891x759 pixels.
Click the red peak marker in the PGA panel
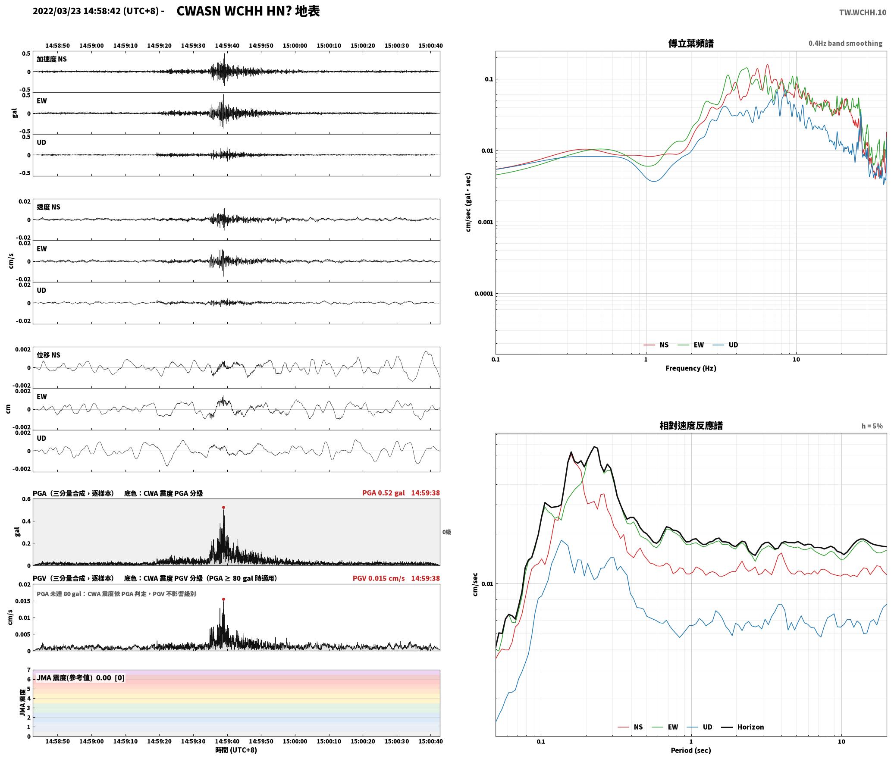[223, 508]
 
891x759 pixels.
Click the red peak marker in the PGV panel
[223, 599]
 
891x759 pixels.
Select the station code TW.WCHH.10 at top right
[863, 13]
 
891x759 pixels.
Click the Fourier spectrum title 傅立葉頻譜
[690, 44]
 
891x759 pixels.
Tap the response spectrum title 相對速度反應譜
[691, 426]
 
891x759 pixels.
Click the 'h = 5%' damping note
[872, 426]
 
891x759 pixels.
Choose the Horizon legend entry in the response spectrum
[743, 727]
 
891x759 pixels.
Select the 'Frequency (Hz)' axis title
[690, 368]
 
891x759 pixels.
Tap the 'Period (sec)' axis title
[690, 750]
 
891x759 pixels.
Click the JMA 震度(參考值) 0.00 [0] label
[81, 677]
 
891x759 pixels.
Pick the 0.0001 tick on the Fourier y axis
[483, 294]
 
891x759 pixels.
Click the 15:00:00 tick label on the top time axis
[295, 45]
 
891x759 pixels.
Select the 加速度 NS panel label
[52, 59]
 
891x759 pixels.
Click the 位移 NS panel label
[49, 355]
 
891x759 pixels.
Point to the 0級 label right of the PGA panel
[446, 532]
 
